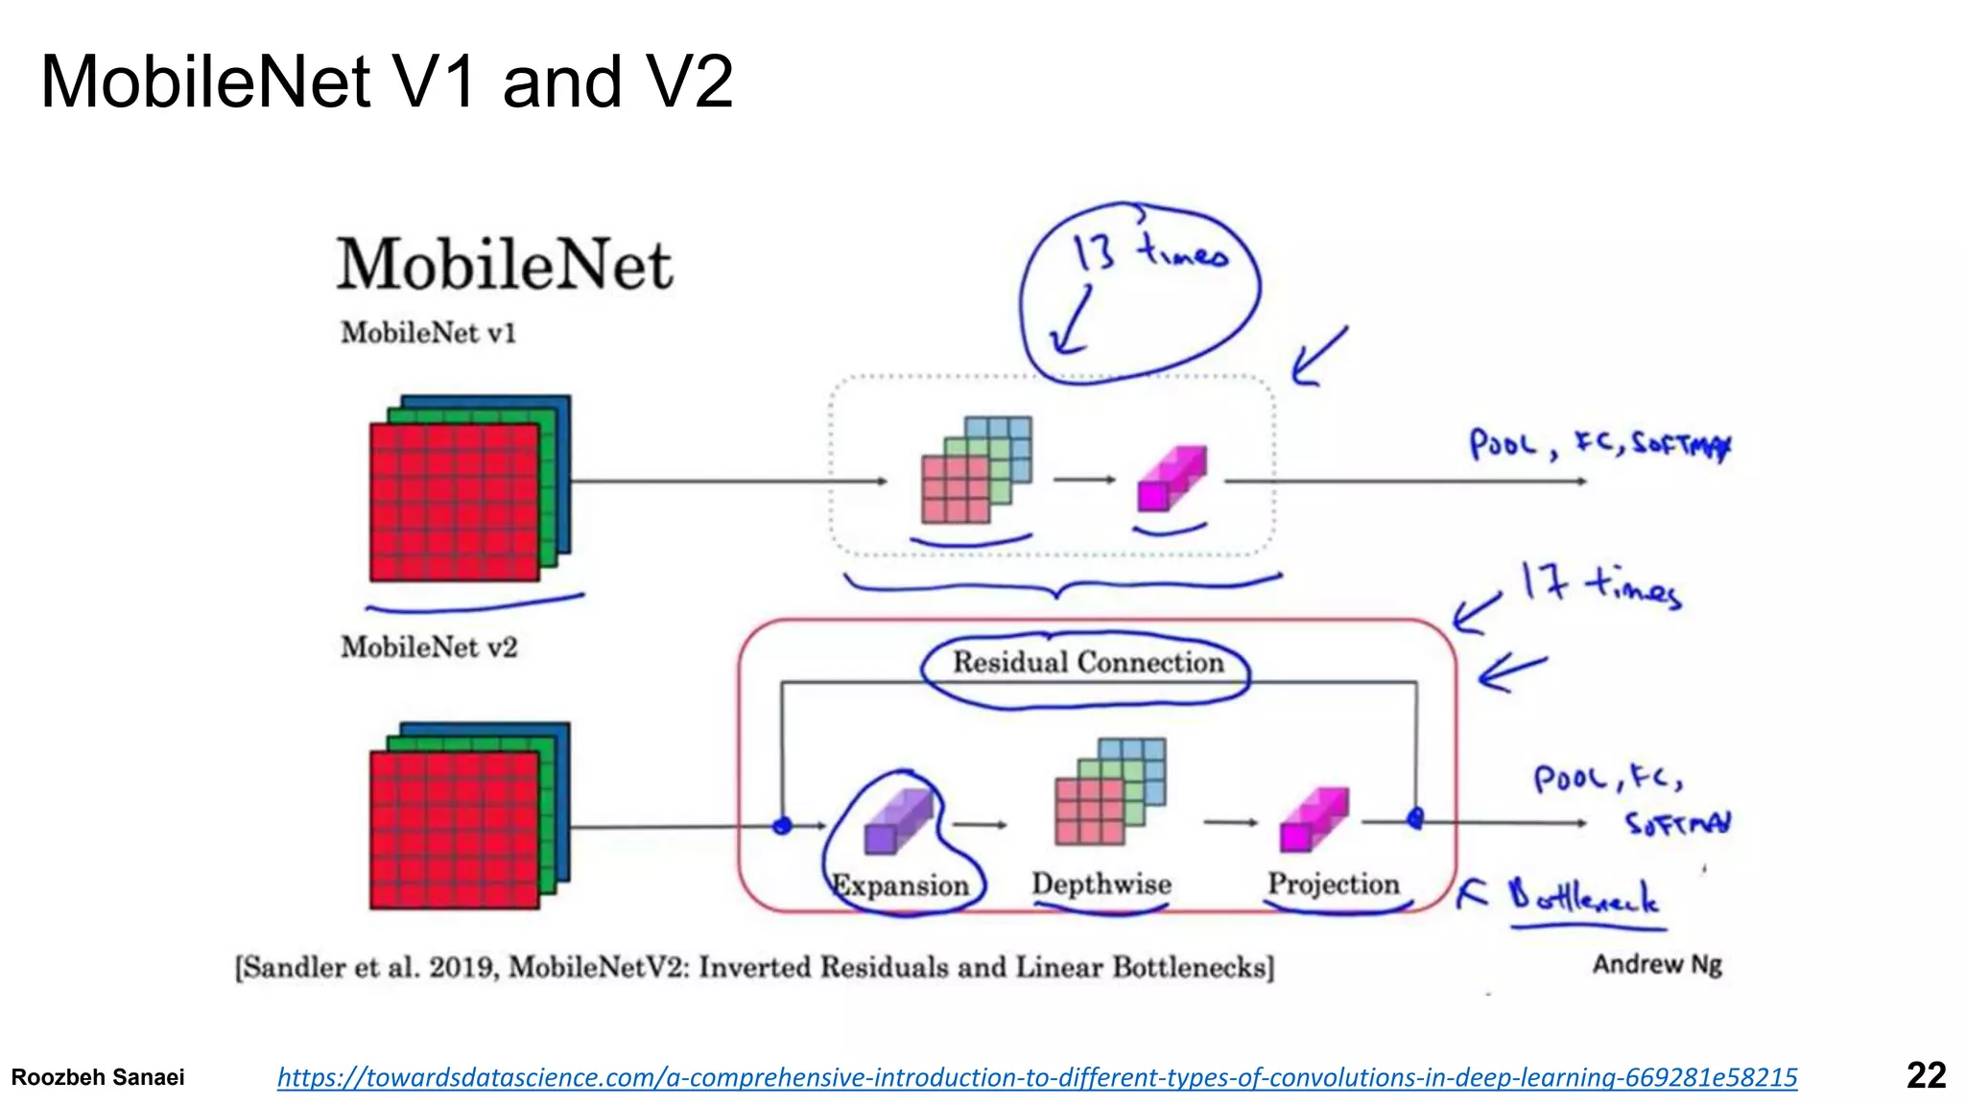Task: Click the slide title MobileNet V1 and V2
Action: pyautogui.click(x=387, y=82)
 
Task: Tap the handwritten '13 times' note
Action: pyautogui.click(x=1149, y=254)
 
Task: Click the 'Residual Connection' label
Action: pyautogui.click(x=1087, y=663)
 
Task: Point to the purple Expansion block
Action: pyautogui.click(x=897, y=822)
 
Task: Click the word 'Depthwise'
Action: pyautogui.click(x=1101, y=884)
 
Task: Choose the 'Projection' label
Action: pyautogui.click(x=1334, y=884)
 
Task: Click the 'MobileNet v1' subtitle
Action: pyautogui.click(x=428, y=333)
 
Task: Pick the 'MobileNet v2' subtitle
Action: pyautogui.click(x=429, y=647)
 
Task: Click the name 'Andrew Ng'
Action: pyautogui.click(x=1657, y=964)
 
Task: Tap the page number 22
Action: pyautogui.click(x=1925, y=1075)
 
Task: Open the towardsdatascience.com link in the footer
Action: pyautogui.click(x=1036, y=1077)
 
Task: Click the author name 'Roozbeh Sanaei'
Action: pyautogui.click(x=98, y=1077)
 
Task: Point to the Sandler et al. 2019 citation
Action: pyautogui.click(x=755, y=967)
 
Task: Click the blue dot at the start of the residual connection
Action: pyautogui.click(x=782, y=825)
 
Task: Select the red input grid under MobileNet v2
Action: pyautogui.click(x=454, y=830)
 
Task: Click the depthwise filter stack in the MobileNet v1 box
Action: pyautogui.click(x=974, y=471)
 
